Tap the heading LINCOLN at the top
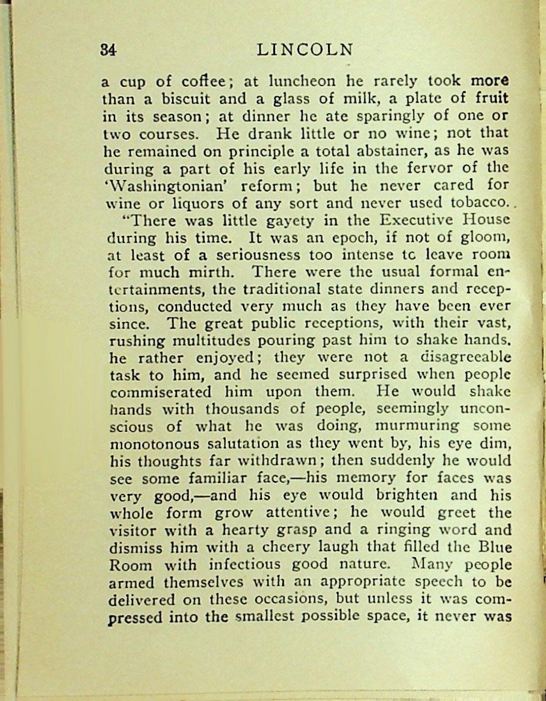tap(304, 49)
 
